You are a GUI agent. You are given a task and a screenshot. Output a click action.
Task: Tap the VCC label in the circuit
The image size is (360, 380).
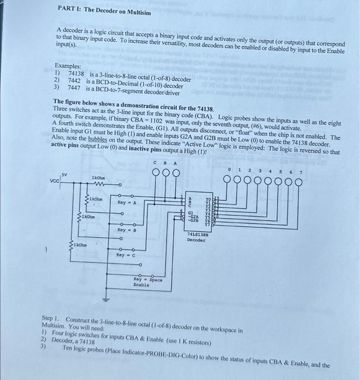55,181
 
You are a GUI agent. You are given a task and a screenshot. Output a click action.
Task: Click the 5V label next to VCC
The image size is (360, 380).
65,174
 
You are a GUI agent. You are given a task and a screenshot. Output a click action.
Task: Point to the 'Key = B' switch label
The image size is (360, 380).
126,230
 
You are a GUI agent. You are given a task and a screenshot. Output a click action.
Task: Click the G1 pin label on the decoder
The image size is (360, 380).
190,213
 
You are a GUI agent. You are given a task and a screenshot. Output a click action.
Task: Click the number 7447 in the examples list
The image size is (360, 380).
75,86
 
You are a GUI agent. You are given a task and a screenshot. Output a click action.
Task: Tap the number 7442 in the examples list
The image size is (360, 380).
75,80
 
